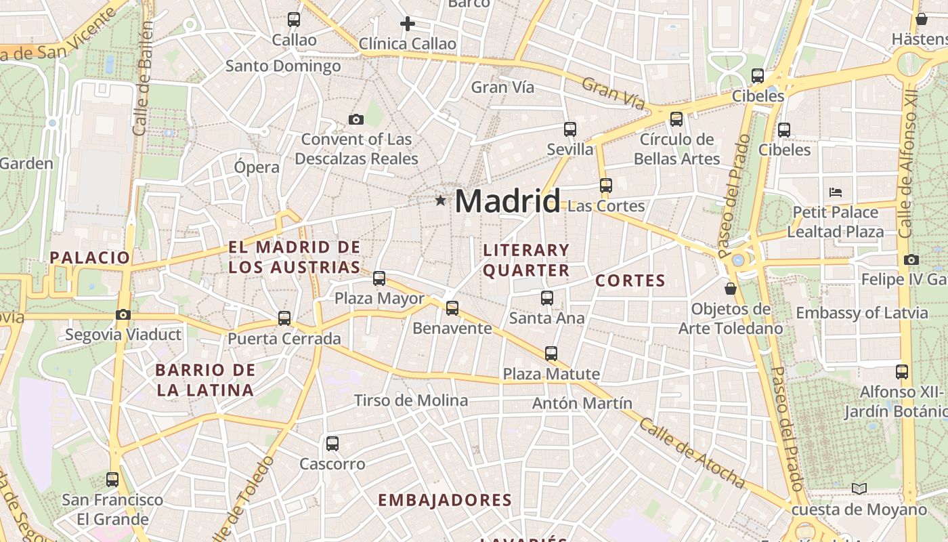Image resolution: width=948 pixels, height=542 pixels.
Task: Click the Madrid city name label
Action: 507,201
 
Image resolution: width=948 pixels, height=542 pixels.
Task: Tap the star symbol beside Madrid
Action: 441,201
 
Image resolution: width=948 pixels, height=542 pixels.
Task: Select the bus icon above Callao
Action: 294,20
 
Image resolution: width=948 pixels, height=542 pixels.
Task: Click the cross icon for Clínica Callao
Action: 407,24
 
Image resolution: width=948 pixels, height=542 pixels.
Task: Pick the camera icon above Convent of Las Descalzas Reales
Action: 356,120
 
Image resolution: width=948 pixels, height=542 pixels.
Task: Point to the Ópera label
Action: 257,167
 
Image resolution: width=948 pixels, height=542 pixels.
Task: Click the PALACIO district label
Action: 89,257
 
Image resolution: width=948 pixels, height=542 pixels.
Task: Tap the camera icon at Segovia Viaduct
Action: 123,315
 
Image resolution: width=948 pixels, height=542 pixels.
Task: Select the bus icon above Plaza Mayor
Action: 379,278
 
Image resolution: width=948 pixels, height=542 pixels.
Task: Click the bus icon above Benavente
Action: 452,308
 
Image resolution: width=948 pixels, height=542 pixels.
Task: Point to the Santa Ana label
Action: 546,318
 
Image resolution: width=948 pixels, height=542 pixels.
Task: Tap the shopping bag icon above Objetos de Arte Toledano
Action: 731,289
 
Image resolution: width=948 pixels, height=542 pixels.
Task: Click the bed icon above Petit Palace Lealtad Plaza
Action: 836,192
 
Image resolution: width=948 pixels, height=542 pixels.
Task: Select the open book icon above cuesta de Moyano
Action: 859,488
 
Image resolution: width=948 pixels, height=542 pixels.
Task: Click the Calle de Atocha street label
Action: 691,452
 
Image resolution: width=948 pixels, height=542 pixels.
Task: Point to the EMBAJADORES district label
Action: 444,501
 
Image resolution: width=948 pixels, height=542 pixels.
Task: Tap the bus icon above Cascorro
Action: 332,444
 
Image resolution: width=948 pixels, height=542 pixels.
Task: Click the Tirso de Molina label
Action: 411,400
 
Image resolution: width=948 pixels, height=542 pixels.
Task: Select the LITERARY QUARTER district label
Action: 526,260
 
